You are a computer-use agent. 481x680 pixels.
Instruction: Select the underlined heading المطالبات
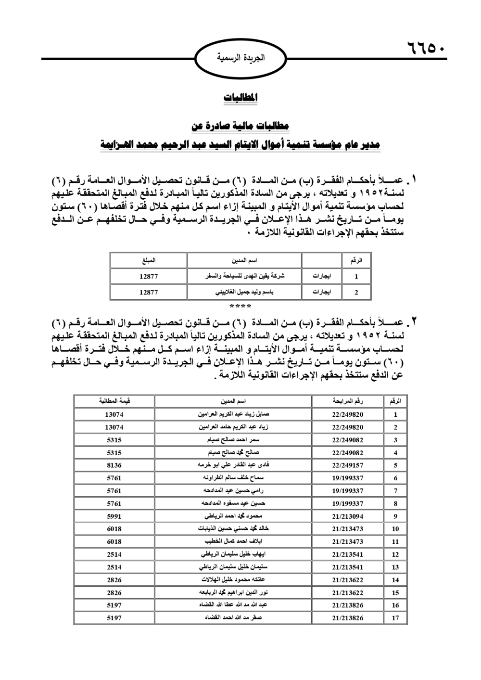tap(240, 97)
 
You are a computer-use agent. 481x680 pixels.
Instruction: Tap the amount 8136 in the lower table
tap(114, 465)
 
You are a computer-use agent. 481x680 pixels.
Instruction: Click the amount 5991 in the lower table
tap(114, 516)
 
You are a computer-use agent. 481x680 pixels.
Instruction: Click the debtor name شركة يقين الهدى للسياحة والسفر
tap(244, 277)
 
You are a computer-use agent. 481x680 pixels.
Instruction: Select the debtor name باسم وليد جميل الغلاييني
tap(244, 292)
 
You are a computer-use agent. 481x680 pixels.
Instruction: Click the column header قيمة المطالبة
tap(114, 401)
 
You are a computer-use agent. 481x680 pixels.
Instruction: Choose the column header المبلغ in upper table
tap(149, 261)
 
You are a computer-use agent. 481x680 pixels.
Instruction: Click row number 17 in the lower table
tap(395, 618)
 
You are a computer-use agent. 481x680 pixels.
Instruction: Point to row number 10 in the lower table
tap(395, 529)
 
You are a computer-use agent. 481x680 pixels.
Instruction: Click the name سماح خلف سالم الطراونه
tap(233, 478)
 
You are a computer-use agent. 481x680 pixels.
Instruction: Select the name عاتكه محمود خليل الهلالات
tap(233, 580)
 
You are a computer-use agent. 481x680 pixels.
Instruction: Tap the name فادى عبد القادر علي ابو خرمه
tap(233, 465)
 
